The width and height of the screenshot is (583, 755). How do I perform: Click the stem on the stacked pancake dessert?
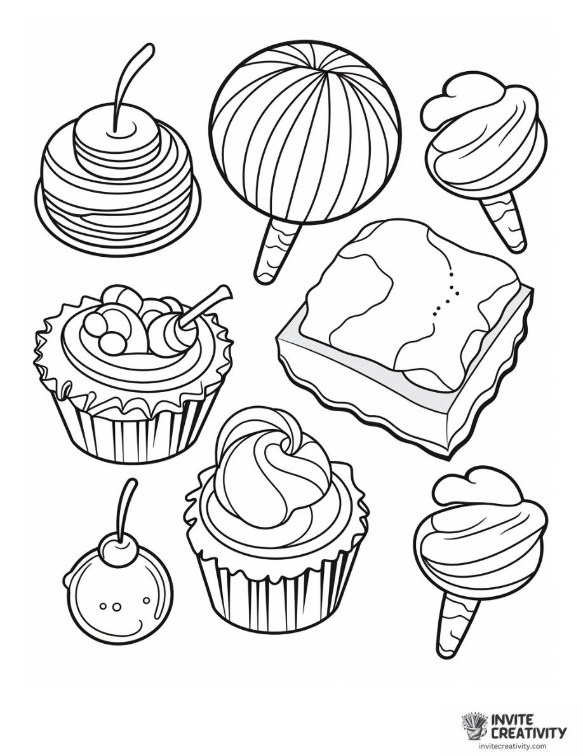130,83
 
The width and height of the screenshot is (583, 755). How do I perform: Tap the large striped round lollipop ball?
305,130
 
